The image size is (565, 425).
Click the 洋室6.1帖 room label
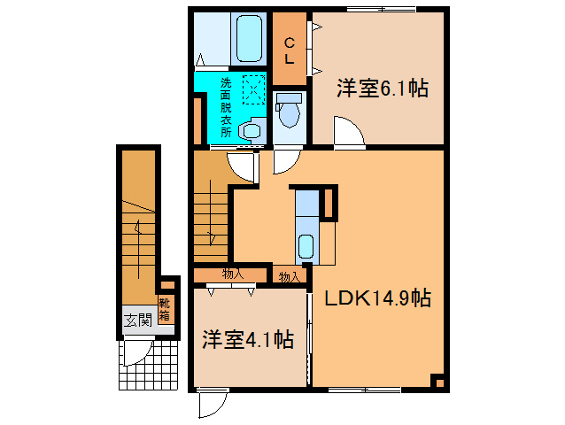point(382,89)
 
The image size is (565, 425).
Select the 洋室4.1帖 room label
point(247,338)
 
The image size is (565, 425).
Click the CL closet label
point(289,50)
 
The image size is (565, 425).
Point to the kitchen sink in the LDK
point(305,245)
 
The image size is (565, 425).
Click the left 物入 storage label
point(233,274)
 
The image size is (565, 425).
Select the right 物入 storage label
point(289,277)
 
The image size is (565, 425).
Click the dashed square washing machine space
point(253,90)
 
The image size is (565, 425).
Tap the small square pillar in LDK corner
point(437,382)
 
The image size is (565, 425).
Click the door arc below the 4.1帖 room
point(211,405)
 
